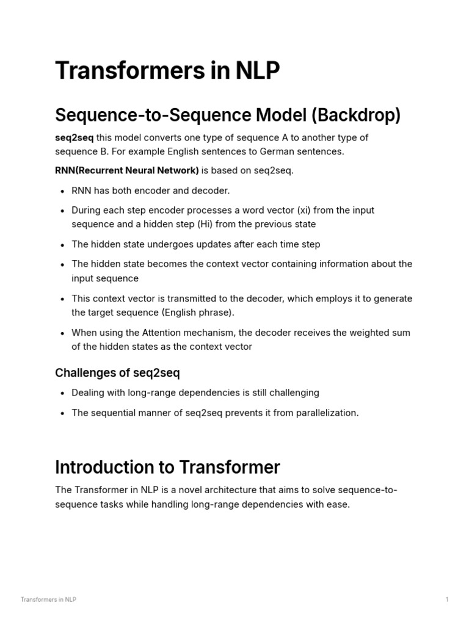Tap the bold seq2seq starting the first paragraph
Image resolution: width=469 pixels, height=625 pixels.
pyautogui.click(x=75, y=137)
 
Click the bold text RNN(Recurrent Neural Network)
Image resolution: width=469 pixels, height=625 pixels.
pyautogui.click(x=126, y=170)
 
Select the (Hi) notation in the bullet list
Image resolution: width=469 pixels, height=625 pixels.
pyautogui.click(x=206, y=224)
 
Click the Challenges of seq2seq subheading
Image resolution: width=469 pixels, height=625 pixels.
pyautogui.click(x=117, y=372)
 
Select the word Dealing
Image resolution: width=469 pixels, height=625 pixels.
pyautogui.click(x=89, y=392)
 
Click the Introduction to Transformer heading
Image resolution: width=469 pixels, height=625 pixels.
pyautogui.click(x=167, y=468)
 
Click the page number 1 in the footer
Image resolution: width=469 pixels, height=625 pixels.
pyautogui.click(x=447, y=599)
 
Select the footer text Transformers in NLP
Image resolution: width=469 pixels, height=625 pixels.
pyautogui.click(x=48, y=599)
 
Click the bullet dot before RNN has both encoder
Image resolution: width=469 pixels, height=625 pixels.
pyautogui.click(x=63, y=191)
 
